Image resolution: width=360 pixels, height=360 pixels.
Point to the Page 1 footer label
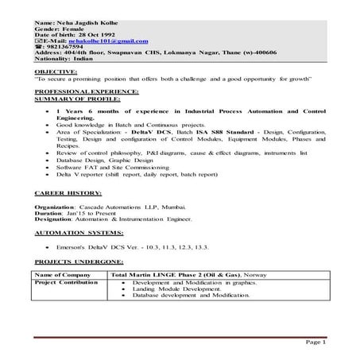[315, 340]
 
